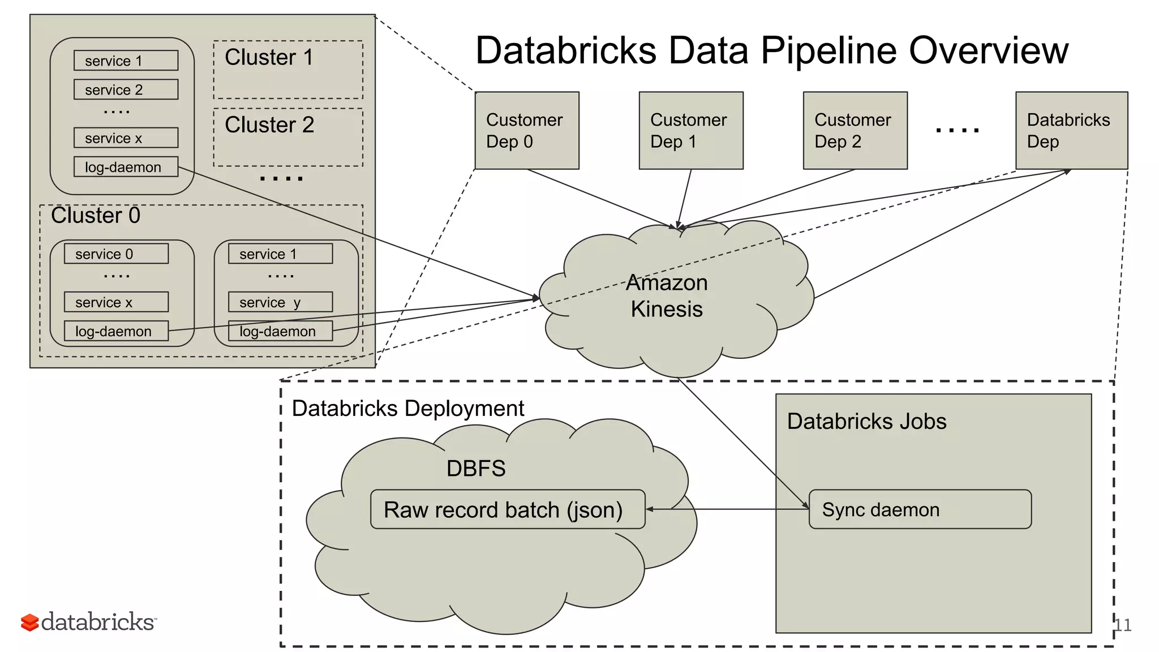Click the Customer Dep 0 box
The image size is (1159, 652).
526,130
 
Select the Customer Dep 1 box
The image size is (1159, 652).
690,130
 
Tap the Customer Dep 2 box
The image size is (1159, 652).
855,130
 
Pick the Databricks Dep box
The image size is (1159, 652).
1071,130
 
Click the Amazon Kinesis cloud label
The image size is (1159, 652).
667,296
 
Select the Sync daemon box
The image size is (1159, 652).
920,509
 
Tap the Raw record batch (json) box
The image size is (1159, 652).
507,509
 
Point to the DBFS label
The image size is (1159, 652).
475,469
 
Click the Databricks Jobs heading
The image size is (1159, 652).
866,422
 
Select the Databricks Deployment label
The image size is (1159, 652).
407,408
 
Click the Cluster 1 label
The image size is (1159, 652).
268,58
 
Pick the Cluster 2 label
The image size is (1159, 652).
269,125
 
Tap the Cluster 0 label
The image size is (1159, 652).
95,216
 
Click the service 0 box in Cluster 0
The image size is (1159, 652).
116,254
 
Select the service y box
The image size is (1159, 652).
280,302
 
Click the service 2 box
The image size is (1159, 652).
126,89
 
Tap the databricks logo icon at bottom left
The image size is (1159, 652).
29,623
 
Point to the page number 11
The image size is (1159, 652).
1123,625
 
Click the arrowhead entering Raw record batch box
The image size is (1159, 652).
650,509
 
